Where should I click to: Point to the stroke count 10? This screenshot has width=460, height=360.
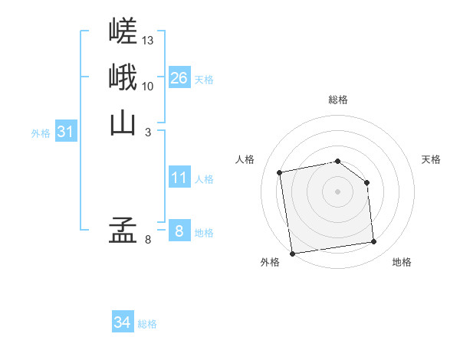[x=148, y=86]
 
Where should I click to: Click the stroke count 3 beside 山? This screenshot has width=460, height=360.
[x=148, y=132]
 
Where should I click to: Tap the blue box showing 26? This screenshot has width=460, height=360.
[x=179, y=78]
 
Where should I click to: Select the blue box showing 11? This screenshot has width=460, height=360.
[x=179, y=178]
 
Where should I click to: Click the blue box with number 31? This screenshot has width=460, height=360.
[x=66, y=132]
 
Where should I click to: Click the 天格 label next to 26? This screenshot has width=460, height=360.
[x=204, y=80]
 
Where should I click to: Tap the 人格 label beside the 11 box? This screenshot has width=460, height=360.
[x=204, y=179]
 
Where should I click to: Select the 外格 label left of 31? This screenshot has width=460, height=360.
[x=41, y=133]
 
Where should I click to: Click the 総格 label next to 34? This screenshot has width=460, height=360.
[x=147, y=324]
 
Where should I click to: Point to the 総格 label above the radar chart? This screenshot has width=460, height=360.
[x=338, y=100]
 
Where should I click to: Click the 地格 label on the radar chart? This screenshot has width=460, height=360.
[x=402, y=263]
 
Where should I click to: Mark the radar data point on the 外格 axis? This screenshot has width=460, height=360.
[x=292, y=254]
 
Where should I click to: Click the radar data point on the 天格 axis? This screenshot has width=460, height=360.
[x=366, y=182]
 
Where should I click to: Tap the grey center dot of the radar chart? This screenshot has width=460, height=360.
[x=338, y=191]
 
